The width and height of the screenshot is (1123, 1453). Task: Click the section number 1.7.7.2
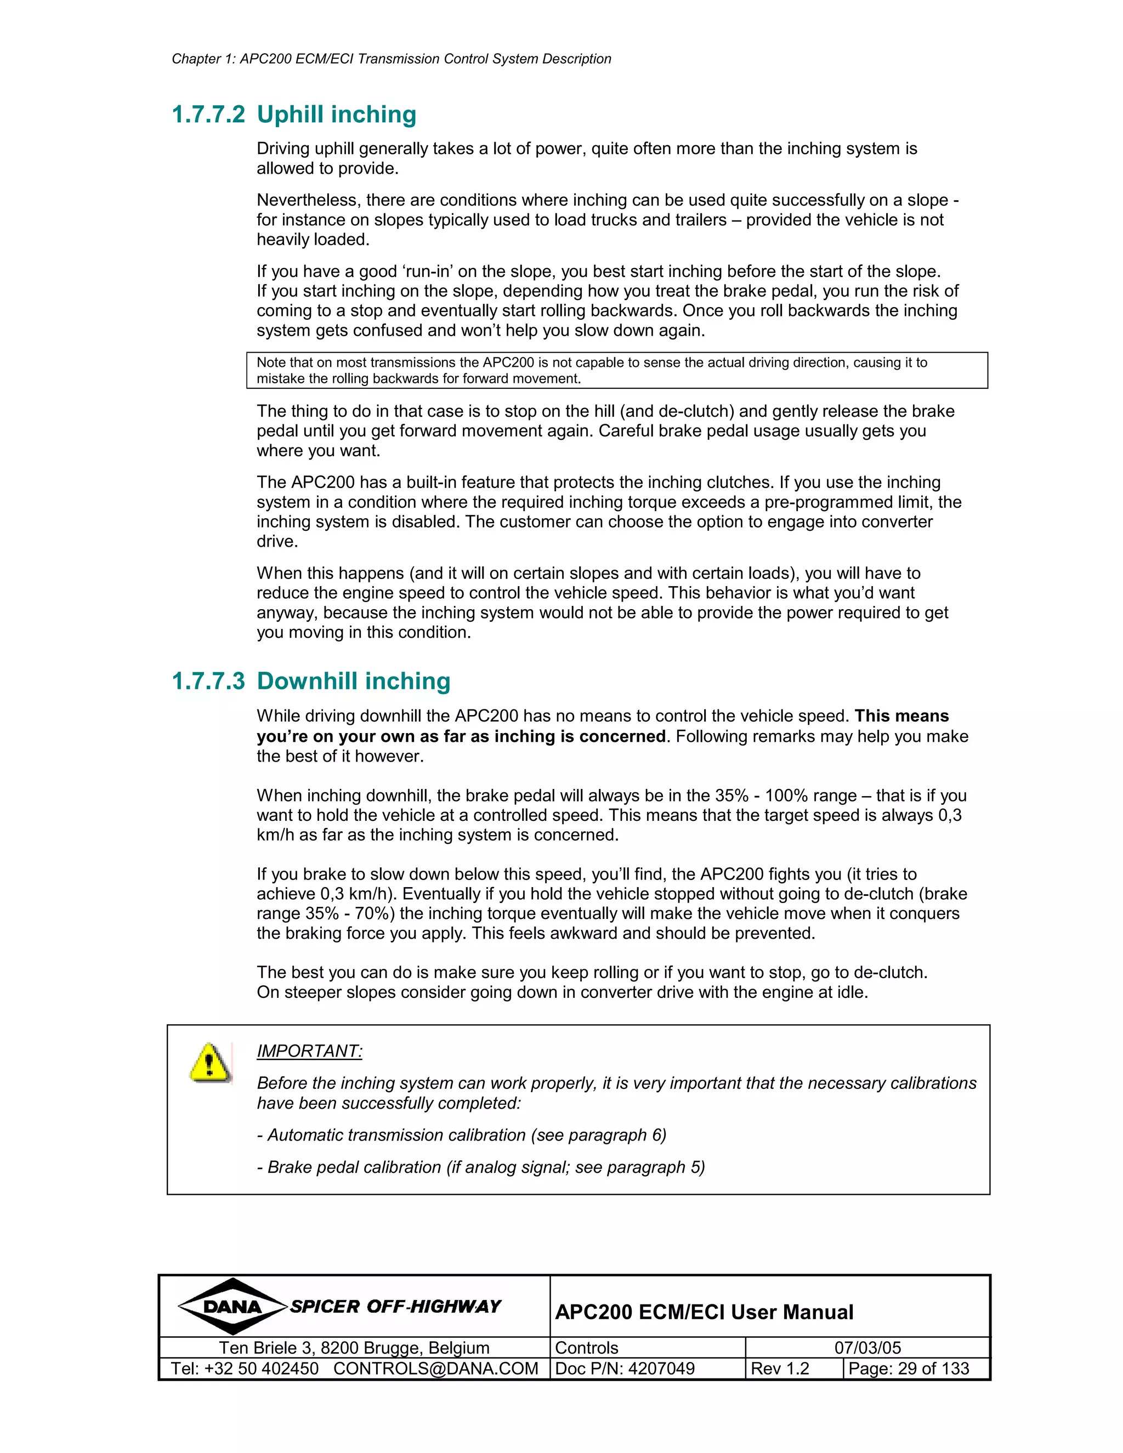point(208,115)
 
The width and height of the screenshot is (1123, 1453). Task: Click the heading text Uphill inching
point(337,115)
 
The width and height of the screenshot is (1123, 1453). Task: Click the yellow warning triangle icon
point(209,1063)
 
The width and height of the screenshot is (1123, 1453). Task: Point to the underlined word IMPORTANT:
point(309,1051)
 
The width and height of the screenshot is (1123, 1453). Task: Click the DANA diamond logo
point(232,1307)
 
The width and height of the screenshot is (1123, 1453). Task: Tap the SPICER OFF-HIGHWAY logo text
point(395,1307)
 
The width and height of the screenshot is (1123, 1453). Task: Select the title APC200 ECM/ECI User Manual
point(704,1312)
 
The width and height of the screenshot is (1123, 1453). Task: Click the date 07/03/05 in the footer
point(867,1347)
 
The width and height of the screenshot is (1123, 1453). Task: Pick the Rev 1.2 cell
point(780,1369)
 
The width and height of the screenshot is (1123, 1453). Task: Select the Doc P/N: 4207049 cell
point(625,1369)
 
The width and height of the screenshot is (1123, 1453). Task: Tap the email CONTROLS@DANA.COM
point(436,1369)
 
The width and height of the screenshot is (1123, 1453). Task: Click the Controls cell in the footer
point(586,1347)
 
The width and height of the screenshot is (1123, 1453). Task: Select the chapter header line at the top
point(391,59)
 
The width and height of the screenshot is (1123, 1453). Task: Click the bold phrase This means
point(901,716)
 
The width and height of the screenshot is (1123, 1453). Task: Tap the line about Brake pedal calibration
point(480,1167)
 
